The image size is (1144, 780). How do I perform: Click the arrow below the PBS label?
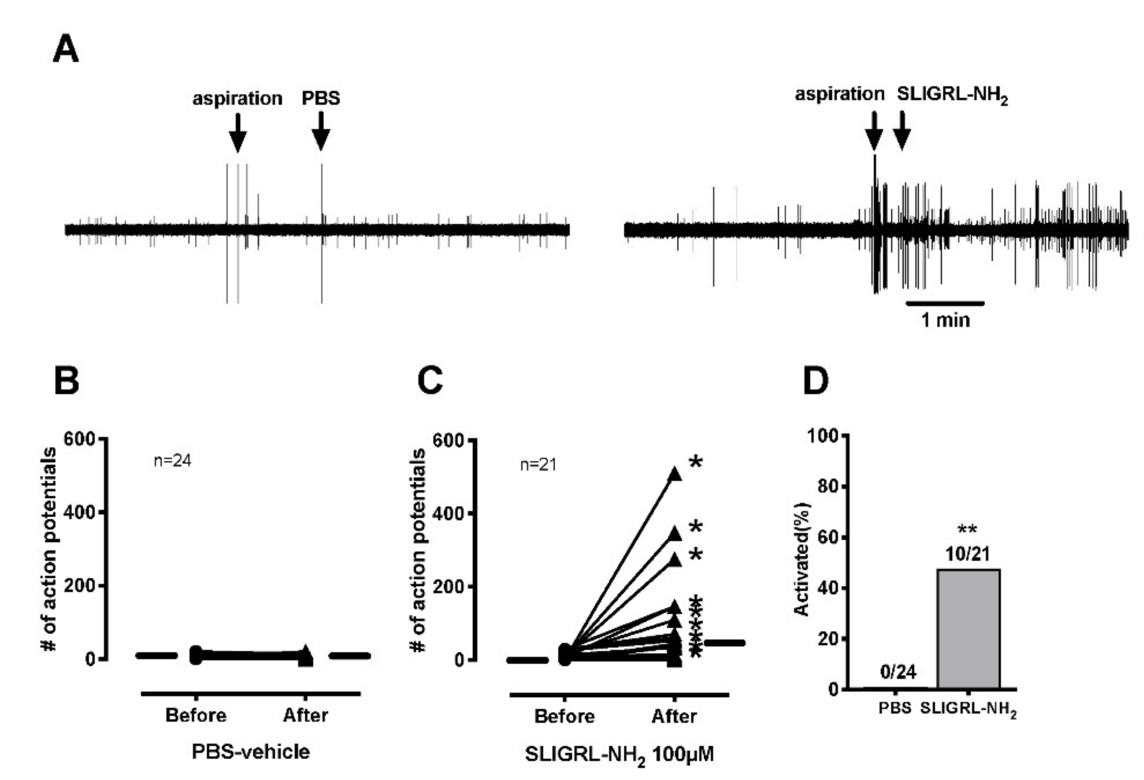coord(321,131)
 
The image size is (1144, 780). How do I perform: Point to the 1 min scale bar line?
coord(945,303)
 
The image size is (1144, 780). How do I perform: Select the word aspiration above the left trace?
coord(237,99)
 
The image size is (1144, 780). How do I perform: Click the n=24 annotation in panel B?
coord(172,461)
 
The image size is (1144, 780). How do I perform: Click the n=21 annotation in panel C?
coord(538,465)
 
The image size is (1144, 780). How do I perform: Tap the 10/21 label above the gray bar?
coord(967,554)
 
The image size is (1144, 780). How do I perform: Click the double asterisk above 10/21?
coord(967,530)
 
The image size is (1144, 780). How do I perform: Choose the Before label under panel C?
coord(564,716)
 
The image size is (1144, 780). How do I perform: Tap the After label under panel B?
coord(305,715)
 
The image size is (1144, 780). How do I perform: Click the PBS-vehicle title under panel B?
coord(251,752)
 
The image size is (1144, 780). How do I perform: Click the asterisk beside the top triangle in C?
coord(695,462)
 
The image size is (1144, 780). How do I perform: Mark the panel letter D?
coord(815,381)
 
